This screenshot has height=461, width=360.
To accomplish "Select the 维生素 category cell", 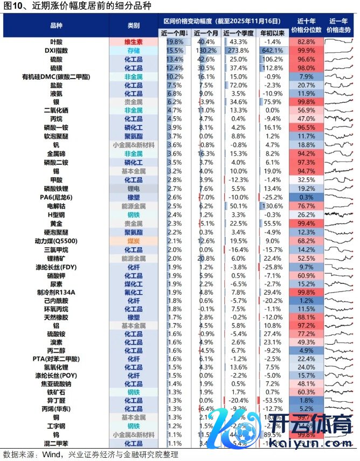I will pos(133,41).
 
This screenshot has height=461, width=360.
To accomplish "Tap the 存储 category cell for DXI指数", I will pos(133,50).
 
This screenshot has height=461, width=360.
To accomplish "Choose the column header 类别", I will pos(133,25).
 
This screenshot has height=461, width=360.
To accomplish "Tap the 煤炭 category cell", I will pos(133,241).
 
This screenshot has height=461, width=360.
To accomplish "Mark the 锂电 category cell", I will pos(133,188).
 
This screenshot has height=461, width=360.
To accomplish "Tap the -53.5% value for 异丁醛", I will pos(273,401).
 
